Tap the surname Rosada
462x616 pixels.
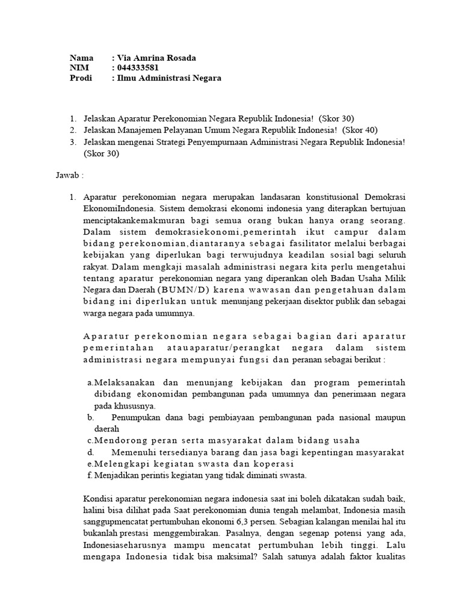click(180, 58)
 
